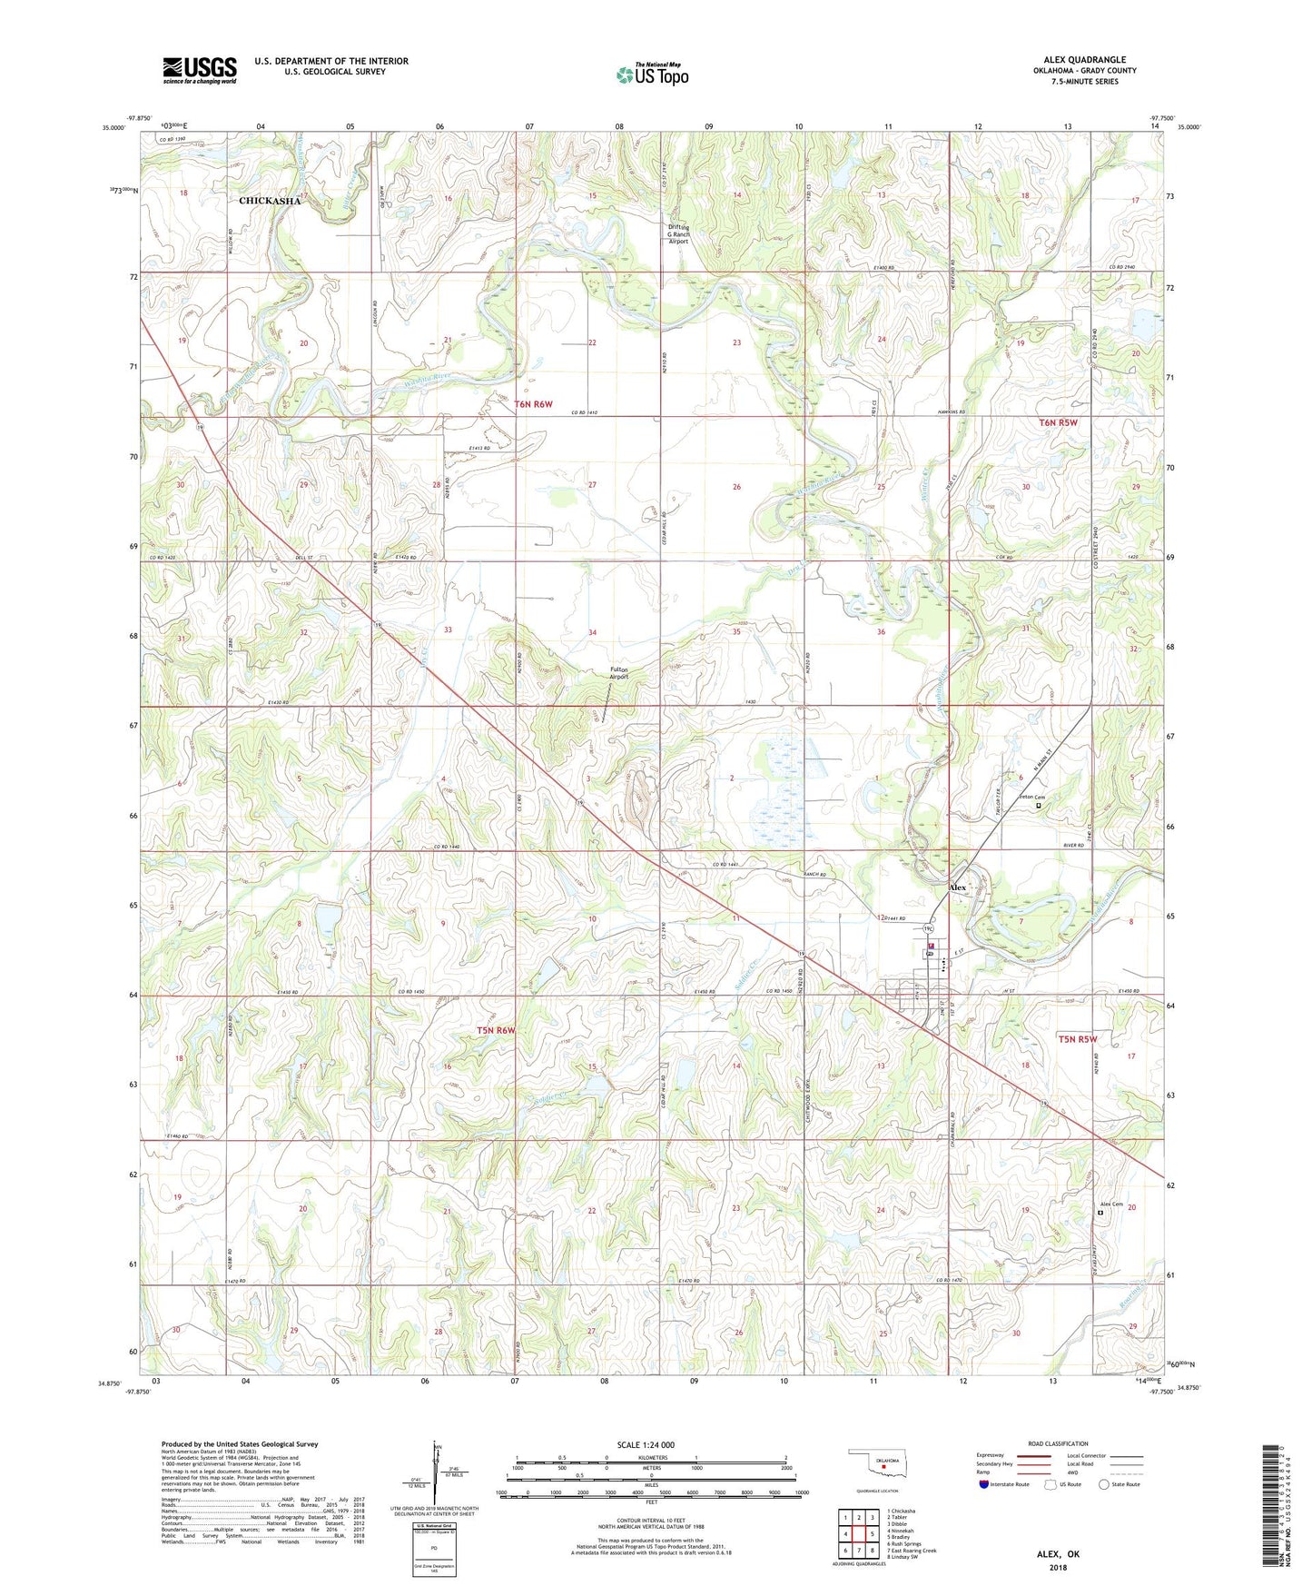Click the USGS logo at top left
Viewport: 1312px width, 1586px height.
tap(200, 70)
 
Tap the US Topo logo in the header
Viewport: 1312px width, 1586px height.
tap(652, 74)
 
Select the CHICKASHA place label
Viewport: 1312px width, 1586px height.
tap(269, 201)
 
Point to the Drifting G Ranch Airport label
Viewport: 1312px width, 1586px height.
tap(678, 234)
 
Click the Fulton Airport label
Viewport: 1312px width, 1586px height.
tap(618, 673)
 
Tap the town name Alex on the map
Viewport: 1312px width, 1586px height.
tap(958, 887)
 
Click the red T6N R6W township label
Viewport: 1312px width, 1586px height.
tap(533, 404)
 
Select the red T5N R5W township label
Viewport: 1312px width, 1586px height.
tap(1078, 1038)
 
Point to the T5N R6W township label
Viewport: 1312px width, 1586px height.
tap(496, 1030)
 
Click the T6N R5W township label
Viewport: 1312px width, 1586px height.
tap(1058, 422)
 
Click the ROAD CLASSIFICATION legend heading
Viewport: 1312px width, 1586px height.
tap(1058, 1443)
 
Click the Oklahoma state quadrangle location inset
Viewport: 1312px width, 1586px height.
tap(876, 1465)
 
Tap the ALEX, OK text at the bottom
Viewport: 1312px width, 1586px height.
tap(1058, 1554)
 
